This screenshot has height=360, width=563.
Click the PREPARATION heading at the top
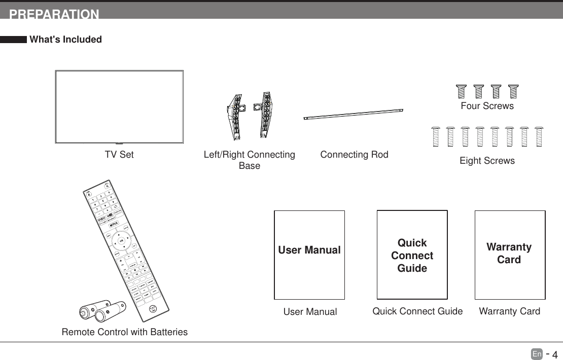(x=54, y=14)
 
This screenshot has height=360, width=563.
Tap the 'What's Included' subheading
(x=65, y=40)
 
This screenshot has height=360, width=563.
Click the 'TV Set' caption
(x=119, y=155)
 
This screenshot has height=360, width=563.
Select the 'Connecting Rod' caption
(x=354, y=155)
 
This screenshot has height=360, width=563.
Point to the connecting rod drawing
(x=353, y=114)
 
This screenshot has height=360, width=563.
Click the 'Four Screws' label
(x=487, y=106)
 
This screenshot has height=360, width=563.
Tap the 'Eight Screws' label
(x=487, y=161)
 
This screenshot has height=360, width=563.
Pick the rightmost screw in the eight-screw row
(x=539, y=136)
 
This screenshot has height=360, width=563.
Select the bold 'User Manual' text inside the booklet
(x=309, y=250)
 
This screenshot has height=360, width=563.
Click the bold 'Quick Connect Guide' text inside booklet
(x=412, y=256)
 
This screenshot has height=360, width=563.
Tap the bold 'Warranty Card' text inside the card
(x=509, y=253)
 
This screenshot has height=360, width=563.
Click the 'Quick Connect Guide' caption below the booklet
(x=417, y=311)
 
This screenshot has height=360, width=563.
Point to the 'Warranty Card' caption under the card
(x=509, y=311)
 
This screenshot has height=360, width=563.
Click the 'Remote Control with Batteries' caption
(x=124, y=332)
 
